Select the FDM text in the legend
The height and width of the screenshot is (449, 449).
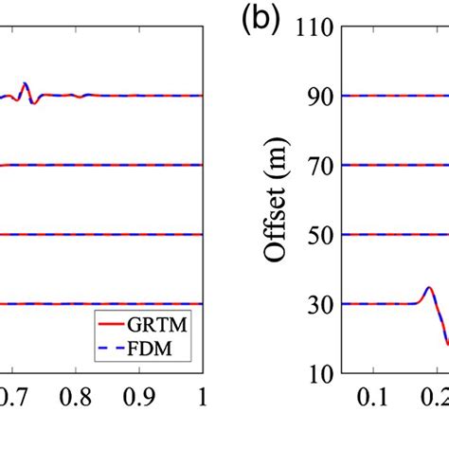[168, 350]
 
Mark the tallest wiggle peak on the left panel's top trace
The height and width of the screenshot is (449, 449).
[25, 84]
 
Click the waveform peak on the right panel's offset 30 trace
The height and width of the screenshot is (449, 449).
[428, 287]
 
